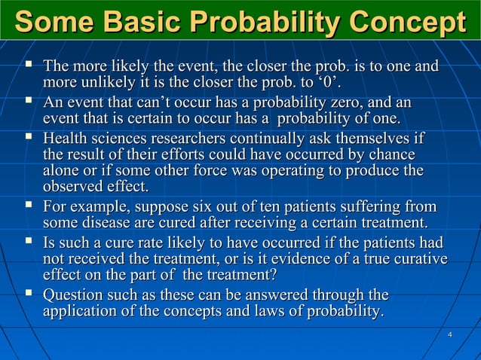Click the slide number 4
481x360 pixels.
tap(449, 334)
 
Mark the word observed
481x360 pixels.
tap(75, 187)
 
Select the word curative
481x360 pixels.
tap(418, 260)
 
